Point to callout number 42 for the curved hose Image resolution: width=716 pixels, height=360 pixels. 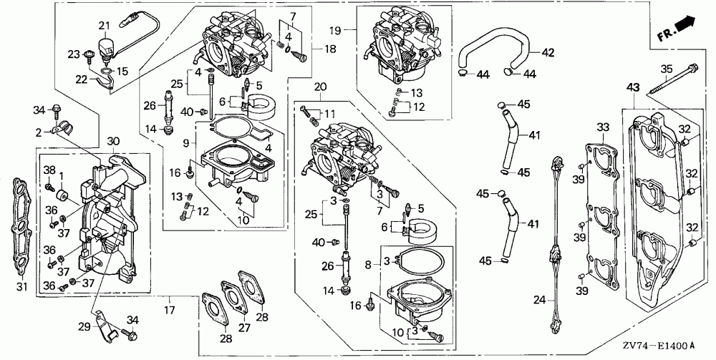click(x=548, y=52)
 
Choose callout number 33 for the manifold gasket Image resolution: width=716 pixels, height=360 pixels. click(x=603, y=128)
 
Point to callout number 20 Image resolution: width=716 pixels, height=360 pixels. click(x=320, y=87)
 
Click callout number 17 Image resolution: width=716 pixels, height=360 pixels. click(x=169, y=310)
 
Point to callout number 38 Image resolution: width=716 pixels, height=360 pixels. click(x=49, y=170)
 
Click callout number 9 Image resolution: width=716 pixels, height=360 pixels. click(x=185, y=143)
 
